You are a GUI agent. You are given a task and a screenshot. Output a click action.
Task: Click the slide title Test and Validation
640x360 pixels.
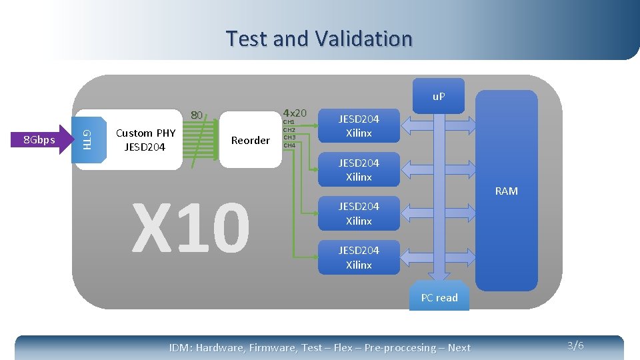pos(319,39)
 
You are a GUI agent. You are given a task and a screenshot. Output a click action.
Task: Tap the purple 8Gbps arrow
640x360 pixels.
pos(41,140)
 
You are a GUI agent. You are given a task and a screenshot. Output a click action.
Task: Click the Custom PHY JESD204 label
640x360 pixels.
pos(145,140)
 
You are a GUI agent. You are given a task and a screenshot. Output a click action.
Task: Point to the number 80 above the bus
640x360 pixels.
pos(197,115)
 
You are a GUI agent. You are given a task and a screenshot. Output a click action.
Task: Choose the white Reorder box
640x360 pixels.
pos(250,140)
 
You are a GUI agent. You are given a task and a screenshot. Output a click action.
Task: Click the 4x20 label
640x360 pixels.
pos(295,113)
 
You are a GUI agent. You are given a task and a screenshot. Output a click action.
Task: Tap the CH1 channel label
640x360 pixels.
pos(289,122)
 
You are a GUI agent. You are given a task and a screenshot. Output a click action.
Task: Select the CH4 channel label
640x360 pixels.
pos(289,145)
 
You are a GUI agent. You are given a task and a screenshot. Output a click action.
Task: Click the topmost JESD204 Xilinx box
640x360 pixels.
pos(359,126)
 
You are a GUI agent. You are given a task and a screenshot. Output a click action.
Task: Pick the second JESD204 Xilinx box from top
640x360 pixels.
pos(359,170)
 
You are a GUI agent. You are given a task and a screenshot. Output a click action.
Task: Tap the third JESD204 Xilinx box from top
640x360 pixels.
pos(359,213)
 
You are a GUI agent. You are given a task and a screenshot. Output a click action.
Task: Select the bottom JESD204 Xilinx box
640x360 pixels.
pos(359,257)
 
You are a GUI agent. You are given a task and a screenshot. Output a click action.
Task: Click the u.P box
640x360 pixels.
pos(439,97)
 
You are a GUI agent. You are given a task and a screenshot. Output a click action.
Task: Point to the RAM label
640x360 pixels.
pos(506,191)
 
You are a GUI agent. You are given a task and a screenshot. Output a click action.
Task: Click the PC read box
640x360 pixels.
pos(439,298)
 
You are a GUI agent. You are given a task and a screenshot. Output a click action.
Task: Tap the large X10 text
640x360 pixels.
pos(191,228)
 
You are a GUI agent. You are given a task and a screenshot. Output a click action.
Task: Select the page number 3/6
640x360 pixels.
pos(575,345)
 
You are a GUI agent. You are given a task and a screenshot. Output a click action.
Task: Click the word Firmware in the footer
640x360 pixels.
pos(272,347)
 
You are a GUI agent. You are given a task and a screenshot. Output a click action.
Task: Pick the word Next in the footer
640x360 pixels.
pos(459,347)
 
